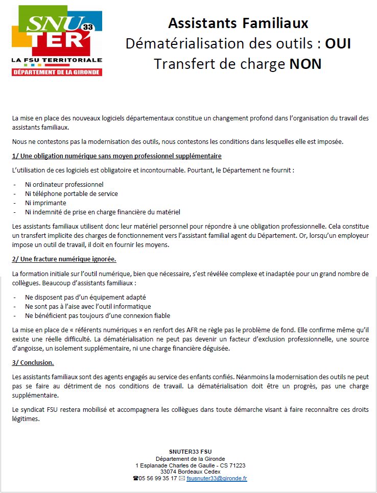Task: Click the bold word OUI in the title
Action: tap(338, 43)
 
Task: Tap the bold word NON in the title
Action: tap(305, 64)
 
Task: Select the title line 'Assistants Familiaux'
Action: tap(238, 23)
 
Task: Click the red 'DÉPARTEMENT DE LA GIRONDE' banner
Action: tap(57, 72)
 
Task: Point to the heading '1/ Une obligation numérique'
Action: tap(116, 156)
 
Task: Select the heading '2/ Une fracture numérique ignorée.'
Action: tap(64, 259)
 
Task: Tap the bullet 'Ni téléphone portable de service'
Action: tap(71, 193)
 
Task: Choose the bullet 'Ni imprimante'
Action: tap(45, 203)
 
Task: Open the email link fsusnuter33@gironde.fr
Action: tap(217, 478)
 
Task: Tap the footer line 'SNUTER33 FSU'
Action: tap(190, 451)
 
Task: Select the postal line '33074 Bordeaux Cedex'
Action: tap(190, 472)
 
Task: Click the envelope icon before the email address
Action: tap(182, 478)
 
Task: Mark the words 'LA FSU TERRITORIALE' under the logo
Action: tap(57, 60)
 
